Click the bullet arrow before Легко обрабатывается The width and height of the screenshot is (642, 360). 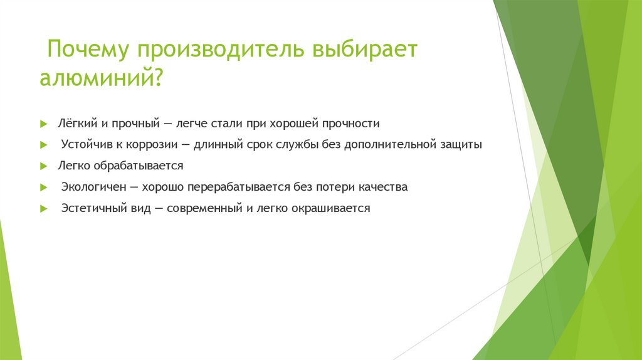[43, 167]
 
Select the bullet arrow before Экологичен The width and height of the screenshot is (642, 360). [43, 188]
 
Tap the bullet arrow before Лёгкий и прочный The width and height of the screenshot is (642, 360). [43, 124]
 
